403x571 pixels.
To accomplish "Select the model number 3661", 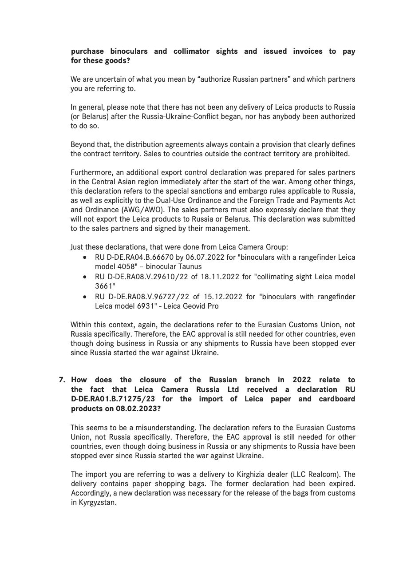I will [104, 286].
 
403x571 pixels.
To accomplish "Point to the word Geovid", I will [185, 306].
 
